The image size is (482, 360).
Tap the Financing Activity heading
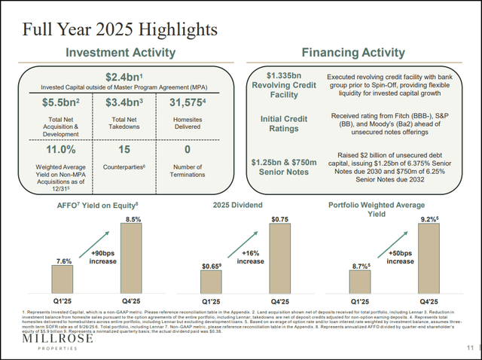(x=358, y=53)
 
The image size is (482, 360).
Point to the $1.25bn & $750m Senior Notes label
(x=279, y=165)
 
